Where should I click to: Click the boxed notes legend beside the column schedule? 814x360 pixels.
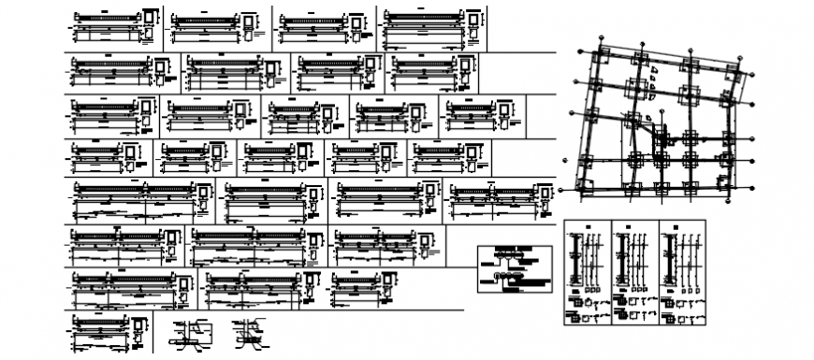tap(510, 268)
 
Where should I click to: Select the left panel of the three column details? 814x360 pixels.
tap(587, 276)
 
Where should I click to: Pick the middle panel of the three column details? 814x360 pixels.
tap(634, 276)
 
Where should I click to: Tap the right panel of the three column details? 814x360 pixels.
tap(683, 276)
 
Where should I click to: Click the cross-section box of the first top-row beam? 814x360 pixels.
tap(151, 22)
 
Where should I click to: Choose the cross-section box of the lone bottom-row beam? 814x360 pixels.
tap(140, 330)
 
